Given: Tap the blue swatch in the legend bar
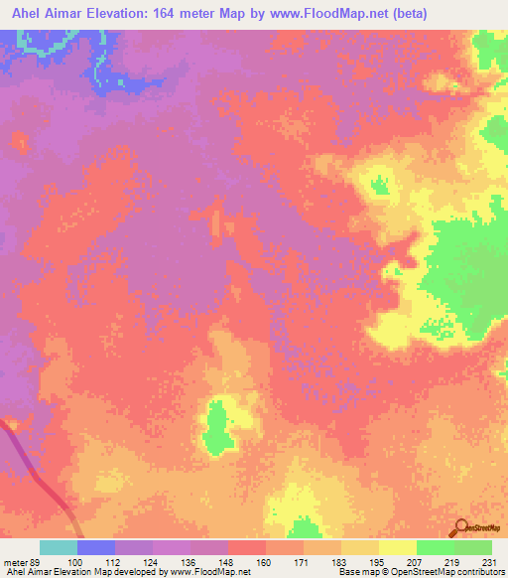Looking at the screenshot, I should tap(96, 547).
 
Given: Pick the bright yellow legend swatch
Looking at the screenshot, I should tap(398, 547).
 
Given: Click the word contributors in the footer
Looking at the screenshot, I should tap(476, 573).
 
